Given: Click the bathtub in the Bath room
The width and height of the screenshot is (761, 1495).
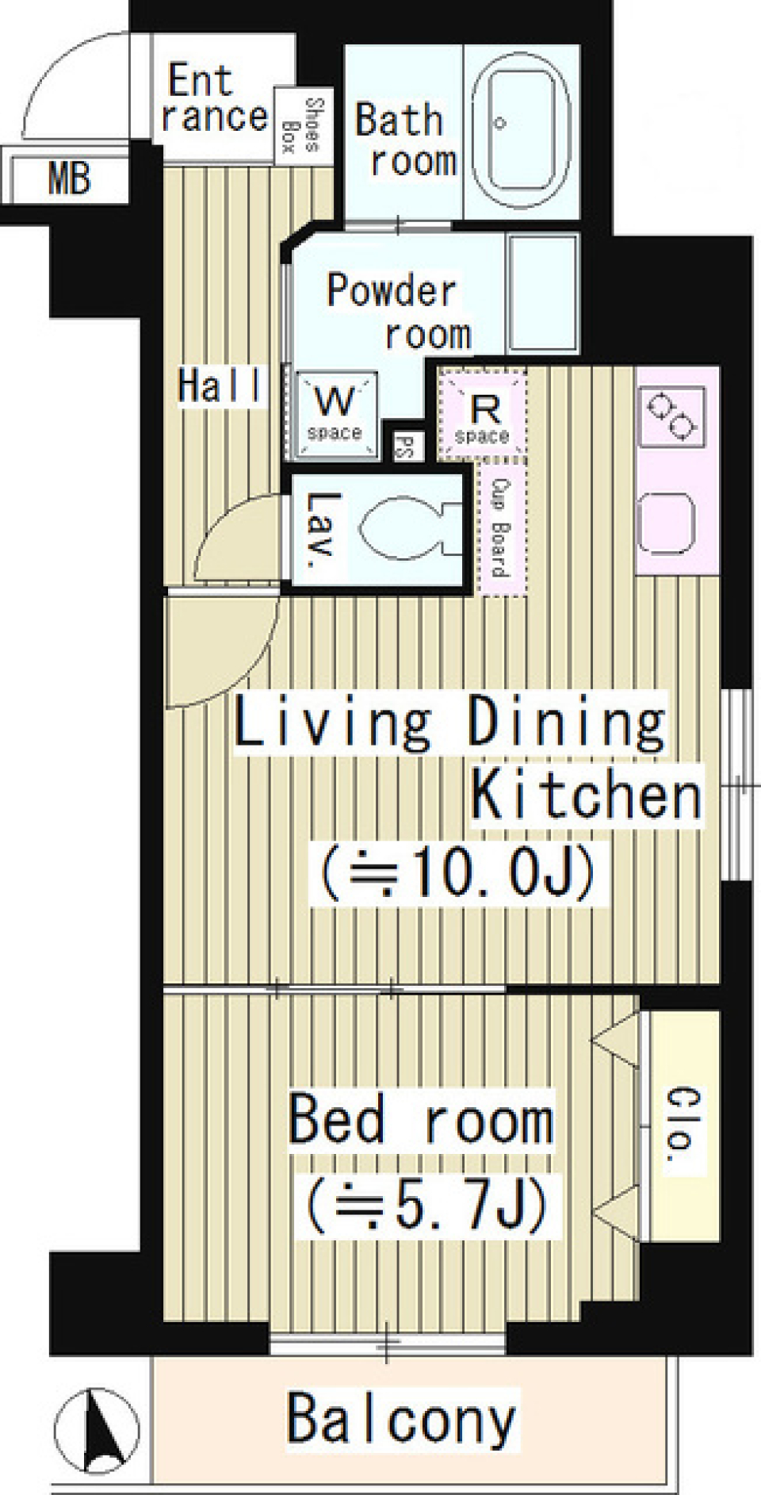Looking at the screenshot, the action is [x=520, y=131].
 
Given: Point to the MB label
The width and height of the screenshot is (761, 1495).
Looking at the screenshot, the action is [x=70, y=178].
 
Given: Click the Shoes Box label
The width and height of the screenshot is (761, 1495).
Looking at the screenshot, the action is [x=301, y=125].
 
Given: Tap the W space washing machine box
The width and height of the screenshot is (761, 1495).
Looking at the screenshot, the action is [x=335, y=415].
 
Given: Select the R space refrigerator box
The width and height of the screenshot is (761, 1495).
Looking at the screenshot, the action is [x=482, y=416].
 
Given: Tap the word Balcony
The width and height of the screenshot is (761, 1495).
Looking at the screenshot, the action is [x=401, y=1420].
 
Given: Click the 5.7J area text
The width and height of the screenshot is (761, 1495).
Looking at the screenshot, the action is [x=426, y=1204].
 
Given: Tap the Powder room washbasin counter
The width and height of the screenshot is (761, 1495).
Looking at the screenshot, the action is [x=542, y=293].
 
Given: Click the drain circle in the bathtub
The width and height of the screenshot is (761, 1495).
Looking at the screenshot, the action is [x=500, y=123].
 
